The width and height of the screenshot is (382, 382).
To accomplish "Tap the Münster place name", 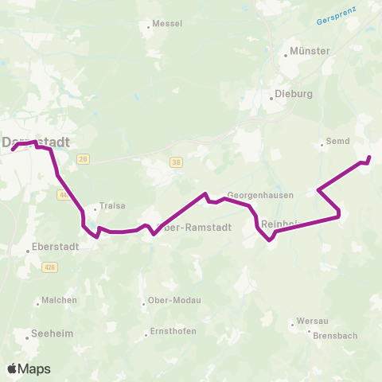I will click(x=310, y=51).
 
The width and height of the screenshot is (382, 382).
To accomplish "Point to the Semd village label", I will click(x=338, y=142).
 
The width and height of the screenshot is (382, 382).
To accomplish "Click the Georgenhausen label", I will click(x=260, y=194).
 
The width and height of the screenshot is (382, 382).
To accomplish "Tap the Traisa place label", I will click(x=112, y=205).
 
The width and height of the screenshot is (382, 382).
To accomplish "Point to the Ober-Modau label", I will click(x=174, y=301).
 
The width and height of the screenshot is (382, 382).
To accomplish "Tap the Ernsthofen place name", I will click(x=171, y=332).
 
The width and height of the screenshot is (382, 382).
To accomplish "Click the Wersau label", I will click(x=311, y=322).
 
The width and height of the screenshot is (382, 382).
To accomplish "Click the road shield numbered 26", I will click(x=84, y=158).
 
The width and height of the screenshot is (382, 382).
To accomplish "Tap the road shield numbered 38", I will click(x=176, y=162).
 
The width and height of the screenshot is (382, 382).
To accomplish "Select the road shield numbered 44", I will click(x=63, y=195).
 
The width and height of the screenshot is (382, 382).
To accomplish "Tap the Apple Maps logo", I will click(x=28, y=368).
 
